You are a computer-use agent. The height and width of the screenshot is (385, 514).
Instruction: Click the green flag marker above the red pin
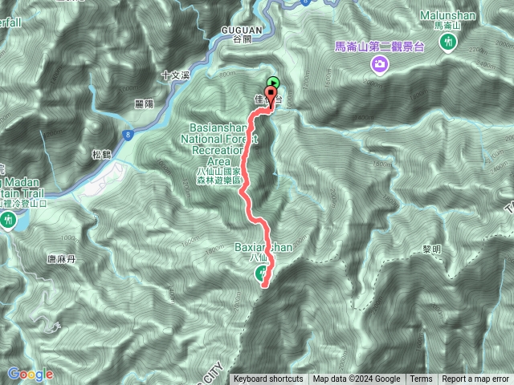[273, 83]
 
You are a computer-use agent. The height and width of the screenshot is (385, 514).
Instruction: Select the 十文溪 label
[173, 75]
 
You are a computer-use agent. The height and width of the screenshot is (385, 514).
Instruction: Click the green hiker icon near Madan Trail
[8, 219]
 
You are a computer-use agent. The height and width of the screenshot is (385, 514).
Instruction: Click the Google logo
[30, 374]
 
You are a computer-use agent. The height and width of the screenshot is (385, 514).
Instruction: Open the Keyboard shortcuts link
[268, 379]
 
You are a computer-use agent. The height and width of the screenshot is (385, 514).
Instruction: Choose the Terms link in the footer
[421, 379]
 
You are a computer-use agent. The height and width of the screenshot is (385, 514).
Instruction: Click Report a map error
[475, 379]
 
